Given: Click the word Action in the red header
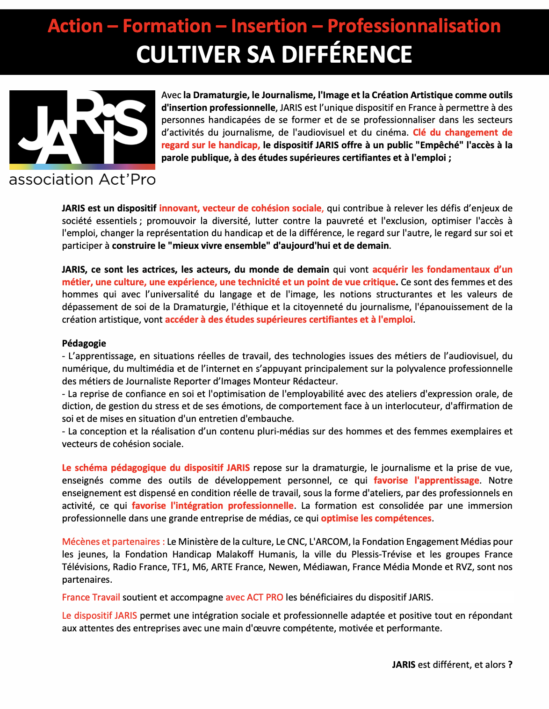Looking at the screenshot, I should pyautogui.click(x=75, y=26).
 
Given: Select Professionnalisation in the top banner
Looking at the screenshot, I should pyautogui.click(x=414, y=26).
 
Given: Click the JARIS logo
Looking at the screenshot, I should pyautogui.click(x=82, y=127).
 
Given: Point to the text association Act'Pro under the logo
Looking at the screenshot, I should pyautogui.click(x=82, y=180).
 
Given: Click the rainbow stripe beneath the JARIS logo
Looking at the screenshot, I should pyautogui.click(x=82, y=166).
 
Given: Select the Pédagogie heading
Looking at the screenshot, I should pyautogui.click(x=84, y=344).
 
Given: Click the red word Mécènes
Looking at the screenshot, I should pyautogui.click(x=80, y=542).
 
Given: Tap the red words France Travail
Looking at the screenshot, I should pyautogui.click(x=91, y=597).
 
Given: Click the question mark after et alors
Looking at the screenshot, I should pyautogui.click(x=510, y=665).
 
